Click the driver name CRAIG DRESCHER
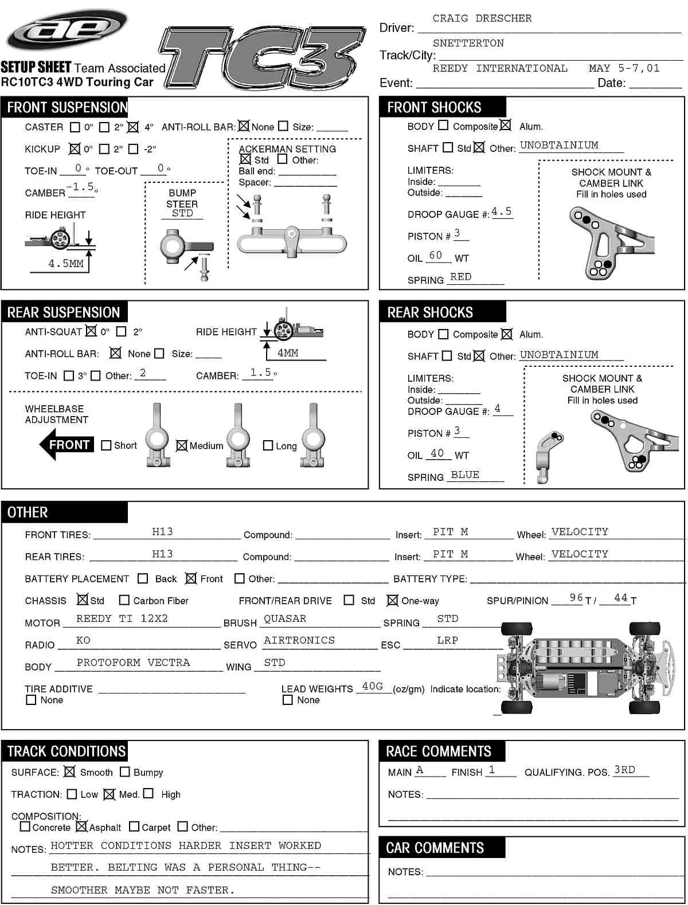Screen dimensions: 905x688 (x=482, y=18)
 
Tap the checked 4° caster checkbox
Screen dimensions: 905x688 (x=133, y=127)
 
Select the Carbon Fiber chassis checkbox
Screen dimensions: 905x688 (x=124, y=600)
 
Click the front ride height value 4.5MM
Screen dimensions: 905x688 (x=66, y=264)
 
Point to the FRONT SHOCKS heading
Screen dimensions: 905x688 (x=434, y=107)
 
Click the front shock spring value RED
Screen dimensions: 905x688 (x=460, y=277)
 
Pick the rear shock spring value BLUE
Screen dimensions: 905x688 (x=464, y=475)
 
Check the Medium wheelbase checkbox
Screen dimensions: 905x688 (x=182, y=445)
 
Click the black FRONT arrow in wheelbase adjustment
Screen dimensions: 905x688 (x=66, y=445)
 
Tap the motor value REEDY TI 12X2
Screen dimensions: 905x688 (x=122, y=618)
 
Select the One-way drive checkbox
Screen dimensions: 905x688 (x=392, y=600)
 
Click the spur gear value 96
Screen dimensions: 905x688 (x=576, y=598)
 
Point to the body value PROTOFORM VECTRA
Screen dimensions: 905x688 (x=133, y=663)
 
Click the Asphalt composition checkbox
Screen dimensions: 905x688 (x=81, y=826)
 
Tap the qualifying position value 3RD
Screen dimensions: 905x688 (x=624, y=770)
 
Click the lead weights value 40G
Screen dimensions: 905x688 (x=372, y=686)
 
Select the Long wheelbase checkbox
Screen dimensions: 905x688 (x=268, y=445)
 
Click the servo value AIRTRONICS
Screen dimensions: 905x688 (x=299, y=640)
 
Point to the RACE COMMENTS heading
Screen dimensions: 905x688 (x=438, y=751)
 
